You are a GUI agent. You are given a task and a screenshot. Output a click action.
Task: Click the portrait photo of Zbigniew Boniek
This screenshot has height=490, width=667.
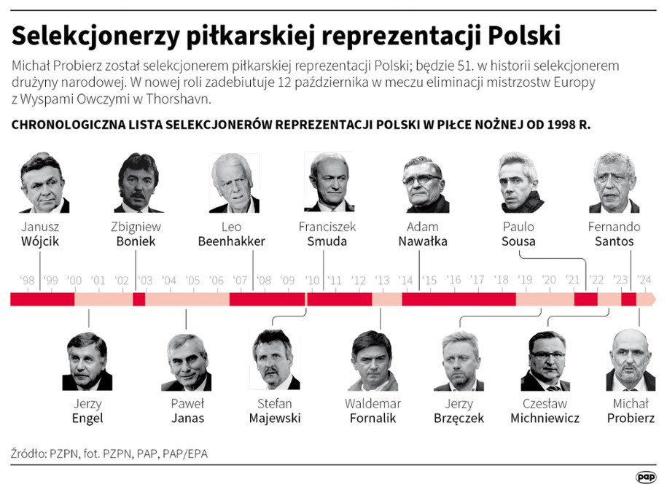pyautogui.click(x=139, y=183)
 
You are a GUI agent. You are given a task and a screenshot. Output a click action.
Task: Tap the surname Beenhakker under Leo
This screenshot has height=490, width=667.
pyautogui.click(x=231, y=241)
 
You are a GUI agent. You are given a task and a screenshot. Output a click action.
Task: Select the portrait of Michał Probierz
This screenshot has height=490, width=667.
pyautogui.click(x=631, y=360)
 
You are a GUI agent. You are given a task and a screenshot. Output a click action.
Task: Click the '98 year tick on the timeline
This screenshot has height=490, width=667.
pyautogui.click(x=28, y=280)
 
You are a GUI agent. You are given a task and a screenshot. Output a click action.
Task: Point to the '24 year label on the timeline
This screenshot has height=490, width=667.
pyautogui.click(x=644, y=280)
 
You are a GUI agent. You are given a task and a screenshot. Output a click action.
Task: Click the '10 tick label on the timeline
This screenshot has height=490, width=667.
pyautogui.click(x=312, y=280)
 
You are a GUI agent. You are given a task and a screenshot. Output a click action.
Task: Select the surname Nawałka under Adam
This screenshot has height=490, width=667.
pyautogui.click(x=423, y=241)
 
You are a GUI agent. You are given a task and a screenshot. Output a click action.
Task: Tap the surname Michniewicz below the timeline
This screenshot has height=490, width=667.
pyautogui.click(x=545, y=418)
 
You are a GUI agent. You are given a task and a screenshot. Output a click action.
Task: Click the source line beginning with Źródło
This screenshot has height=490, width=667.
pyautogui.click(x=109, y=454)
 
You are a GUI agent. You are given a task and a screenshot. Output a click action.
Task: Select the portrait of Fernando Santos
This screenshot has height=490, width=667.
pyautogui.click(x=614, y=183)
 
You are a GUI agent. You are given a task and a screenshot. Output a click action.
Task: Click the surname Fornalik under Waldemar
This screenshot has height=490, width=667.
pyautogui.click(x=372, y=418)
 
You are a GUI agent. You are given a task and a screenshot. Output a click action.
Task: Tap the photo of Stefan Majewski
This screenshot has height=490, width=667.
pyautogui.click(x=274, y=360)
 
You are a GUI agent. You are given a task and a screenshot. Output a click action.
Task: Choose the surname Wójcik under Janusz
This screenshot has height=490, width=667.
pyautogui.click(x=39, y=241)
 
